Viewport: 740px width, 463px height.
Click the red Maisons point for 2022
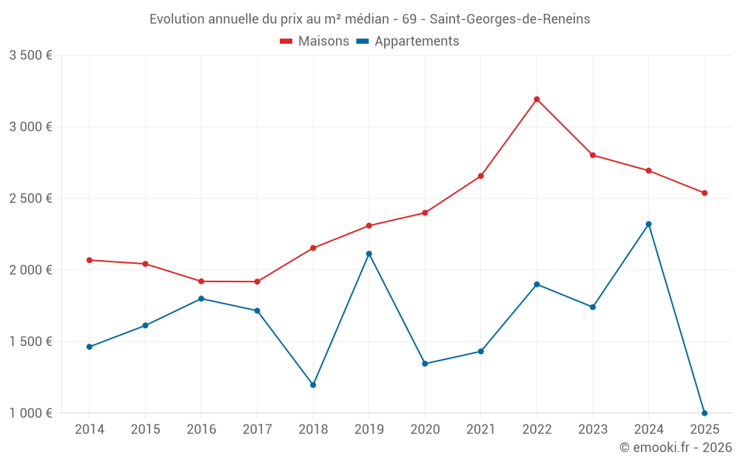coord(536,99)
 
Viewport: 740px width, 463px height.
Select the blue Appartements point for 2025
coord(704,413)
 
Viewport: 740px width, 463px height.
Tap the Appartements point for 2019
coord(369,253)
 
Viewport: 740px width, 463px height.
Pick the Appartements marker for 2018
coord(313,384)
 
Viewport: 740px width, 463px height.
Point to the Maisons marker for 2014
coord(89,260)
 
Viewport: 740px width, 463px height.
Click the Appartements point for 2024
coord(648,224)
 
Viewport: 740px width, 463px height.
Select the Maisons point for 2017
coord(257,282)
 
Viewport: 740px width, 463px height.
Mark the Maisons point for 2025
coord(704,193)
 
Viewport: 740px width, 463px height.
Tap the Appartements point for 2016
coord(201,299)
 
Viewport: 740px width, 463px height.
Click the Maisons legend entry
coord(314,41)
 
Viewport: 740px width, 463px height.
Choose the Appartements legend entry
coord(408,41)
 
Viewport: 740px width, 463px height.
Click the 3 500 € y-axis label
coord(30,56)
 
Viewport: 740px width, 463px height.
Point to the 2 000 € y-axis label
coord(30,270)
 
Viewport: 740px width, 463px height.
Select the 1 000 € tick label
coord(30,413)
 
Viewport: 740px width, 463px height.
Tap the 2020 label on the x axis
coord(425,430)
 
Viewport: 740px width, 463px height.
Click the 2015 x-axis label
coord(145,430)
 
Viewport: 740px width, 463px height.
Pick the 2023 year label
coord(593,430)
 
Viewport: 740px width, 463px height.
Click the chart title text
coord(370,19)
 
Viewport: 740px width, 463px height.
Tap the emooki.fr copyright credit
coord(675,447)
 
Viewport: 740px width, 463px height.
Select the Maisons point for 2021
coord(480,176)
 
